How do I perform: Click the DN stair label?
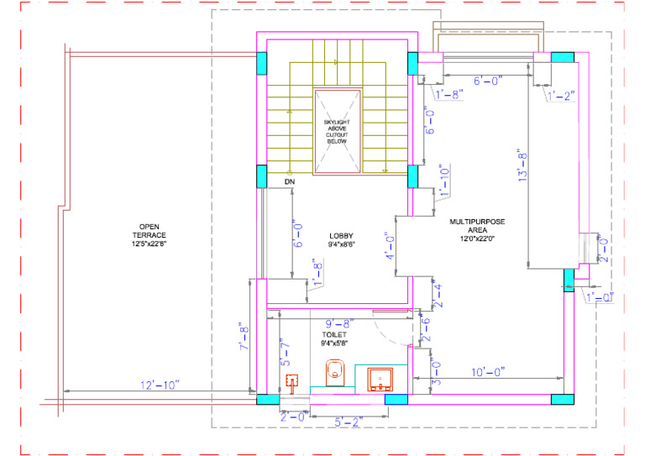click(290, 181)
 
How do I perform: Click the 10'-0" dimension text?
click(487, 373)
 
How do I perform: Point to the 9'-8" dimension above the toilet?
click(338, 322)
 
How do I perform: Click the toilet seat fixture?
click(335, 370)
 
